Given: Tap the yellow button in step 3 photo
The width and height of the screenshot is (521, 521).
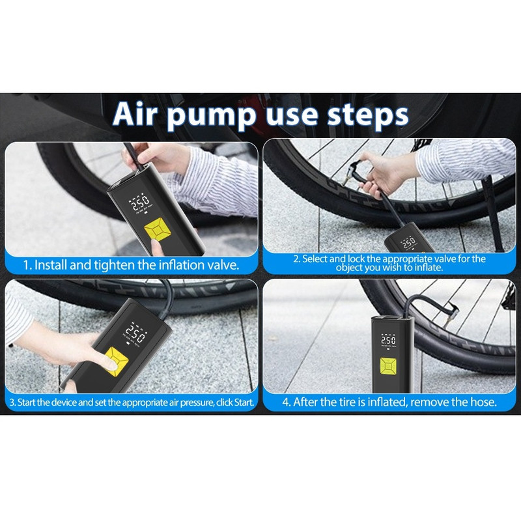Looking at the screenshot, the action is tap(117, 361).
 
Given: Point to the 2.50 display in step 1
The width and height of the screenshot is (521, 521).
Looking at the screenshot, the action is tap(141, 203).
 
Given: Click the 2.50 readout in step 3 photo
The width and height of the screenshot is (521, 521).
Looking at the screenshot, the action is tap(136, 333).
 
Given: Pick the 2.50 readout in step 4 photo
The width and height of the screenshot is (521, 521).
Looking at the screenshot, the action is tap(388, 341).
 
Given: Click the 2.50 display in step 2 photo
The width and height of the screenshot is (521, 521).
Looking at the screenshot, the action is tap(408, 243).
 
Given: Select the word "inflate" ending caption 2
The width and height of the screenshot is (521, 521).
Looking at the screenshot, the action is tap(429, 268).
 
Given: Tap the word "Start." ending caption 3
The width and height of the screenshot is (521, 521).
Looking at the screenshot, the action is tap(244, 402).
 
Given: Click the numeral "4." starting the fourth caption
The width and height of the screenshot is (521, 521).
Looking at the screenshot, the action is tap(286, 402).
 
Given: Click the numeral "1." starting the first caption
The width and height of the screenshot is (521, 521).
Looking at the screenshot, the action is tap(27, 266).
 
